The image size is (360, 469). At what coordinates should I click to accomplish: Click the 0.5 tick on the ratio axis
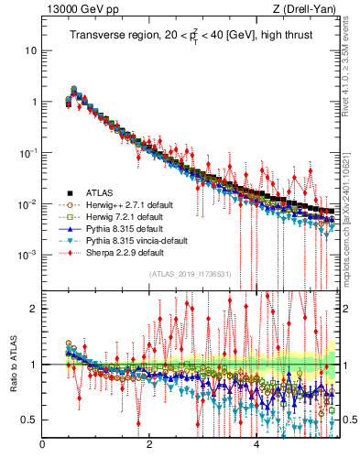30,420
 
